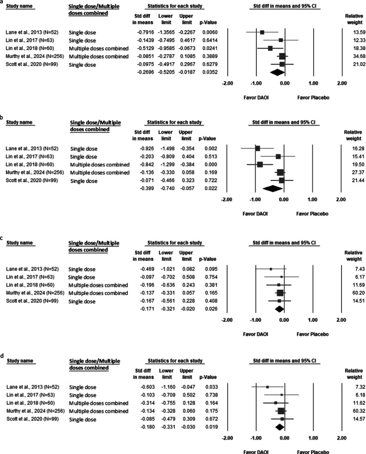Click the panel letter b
coord(2,118)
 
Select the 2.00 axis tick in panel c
coord(341,320)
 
